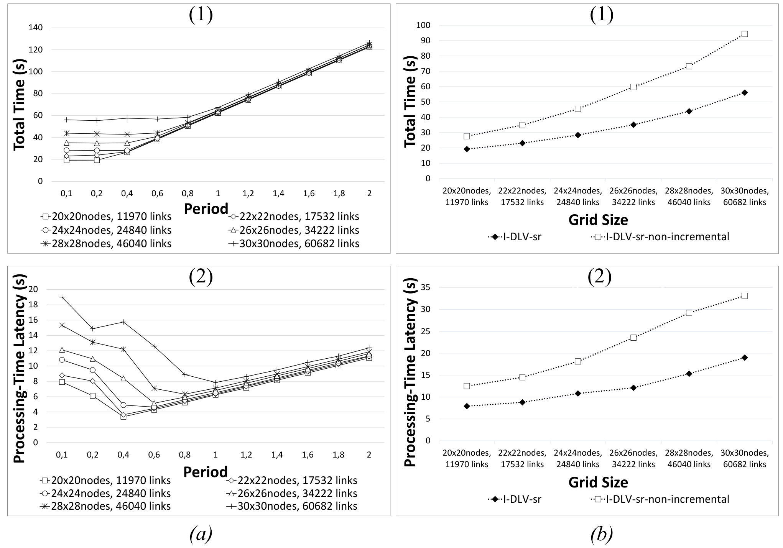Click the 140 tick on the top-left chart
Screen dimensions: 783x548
coord(35,28)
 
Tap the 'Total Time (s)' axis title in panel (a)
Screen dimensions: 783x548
coord(20,104)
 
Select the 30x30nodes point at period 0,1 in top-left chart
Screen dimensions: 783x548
coord(66,120)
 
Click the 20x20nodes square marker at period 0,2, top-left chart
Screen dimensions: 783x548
coord(97,160)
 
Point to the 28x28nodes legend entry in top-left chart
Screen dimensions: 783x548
coord(106,244)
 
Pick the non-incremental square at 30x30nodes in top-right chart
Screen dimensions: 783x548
coord(745,34)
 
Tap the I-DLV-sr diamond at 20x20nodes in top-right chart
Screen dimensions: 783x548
coord(467,149)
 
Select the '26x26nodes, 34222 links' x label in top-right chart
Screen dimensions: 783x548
coord(633,197)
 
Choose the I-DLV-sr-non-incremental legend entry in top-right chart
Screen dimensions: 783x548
coord(660,237)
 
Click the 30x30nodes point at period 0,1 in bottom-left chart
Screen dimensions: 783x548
coord(62,297)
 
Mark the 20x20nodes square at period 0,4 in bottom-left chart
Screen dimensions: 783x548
coord(123,417)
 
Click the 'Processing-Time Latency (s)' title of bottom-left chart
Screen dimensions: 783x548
coord(20,369)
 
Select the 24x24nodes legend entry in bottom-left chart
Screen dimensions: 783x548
coord(105,494)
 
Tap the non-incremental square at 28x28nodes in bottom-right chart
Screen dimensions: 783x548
coord(689,313)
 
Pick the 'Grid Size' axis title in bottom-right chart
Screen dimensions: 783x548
coord(598,482)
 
